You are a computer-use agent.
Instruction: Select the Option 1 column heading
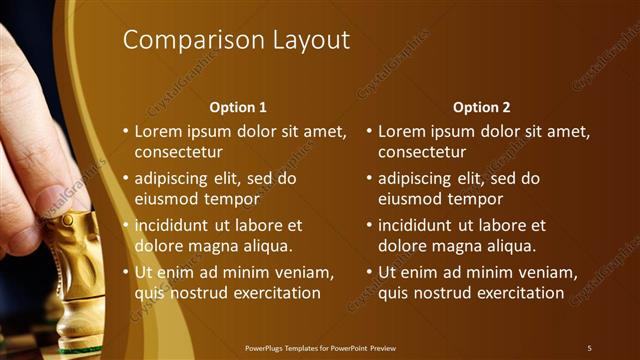[x=237, y=107]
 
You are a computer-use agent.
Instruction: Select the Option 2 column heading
[x=481, y=107]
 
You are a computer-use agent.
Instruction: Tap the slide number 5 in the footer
[x=589, y=348]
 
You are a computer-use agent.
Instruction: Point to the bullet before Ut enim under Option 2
[x=369, y=272]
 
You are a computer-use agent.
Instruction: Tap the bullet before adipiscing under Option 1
[x=125, y=179]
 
